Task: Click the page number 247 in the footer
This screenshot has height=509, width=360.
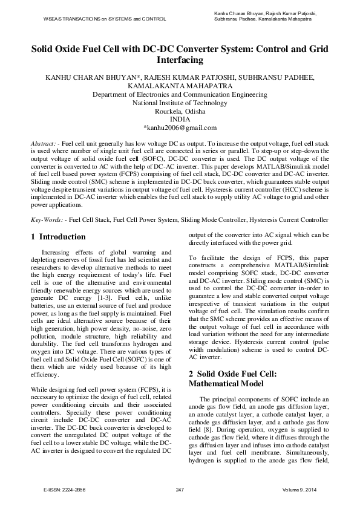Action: click(180, 488)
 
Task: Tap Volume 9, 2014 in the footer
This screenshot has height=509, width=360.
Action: click(296, 488)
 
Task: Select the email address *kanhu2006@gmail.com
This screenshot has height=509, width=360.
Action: click(180, 128)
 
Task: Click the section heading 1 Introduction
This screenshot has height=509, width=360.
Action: click(58, 237)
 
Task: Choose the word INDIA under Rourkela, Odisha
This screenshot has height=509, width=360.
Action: click(180, 120)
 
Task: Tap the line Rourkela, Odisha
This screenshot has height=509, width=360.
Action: click(180, 111)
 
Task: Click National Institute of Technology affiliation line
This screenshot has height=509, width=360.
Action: click(180, 103)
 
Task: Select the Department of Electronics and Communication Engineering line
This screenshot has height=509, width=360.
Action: click(180, 94)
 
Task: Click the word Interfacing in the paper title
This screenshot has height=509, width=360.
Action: click(180, 61)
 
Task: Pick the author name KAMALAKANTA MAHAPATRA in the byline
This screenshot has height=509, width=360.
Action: click(180, 86)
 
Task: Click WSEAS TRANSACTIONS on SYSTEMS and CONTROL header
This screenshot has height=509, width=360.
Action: click(105, 19)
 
